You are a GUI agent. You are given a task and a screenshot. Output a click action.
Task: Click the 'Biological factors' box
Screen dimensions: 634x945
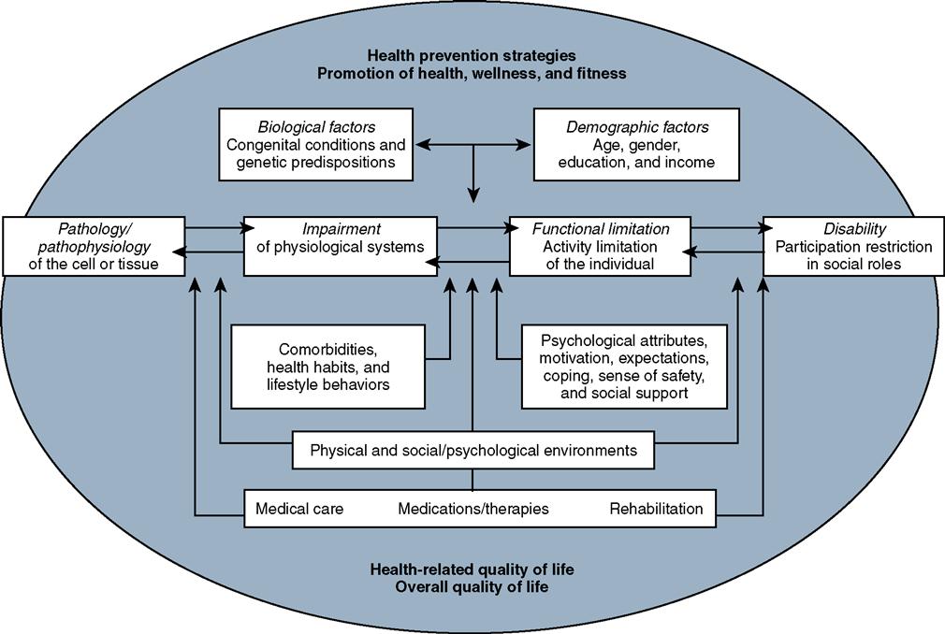pyautogui.click(x=316, y=144)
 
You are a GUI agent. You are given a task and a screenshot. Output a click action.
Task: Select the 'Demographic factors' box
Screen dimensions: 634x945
pyautogui.click(x=636, y=144)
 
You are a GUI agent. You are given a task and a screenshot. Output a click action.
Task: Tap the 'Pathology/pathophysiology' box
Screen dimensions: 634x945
pyautogui.click(x=94, y=246)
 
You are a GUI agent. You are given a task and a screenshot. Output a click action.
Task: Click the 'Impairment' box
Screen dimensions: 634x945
pyautogui.click(x=340, y=246)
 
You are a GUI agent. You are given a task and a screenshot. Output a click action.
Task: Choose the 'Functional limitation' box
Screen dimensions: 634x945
pyautogui.click(x=601, y=246)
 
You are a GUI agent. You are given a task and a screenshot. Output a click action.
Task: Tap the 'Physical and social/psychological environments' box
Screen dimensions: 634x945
pyautogui.click(x=472, y=451)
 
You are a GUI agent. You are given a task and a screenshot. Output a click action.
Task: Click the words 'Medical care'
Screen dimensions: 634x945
pyautogui.click(x=299, y=509)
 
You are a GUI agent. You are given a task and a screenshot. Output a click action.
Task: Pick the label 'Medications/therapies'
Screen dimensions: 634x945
pyautogui.click(x=472, y=509)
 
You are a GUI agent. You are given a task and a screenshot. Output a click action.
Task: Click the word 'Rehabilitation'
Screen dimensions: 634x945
pyautogui.click(x=656, y=509)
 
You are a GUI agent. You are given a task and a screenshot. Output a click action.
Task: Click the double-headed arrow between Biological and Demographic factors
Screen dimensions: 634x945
pyautogui.click(x=472, y=145)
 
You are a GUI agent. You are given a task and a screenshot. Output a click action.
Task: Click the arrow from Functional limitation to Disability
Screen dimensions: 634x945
pyautogui.click(x=727, y=227)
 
